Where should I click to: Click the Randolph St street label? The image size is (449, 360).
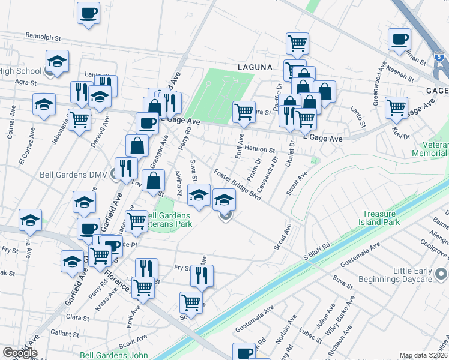(44, 37)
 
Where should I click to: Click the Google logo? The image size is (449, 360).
(20, 353)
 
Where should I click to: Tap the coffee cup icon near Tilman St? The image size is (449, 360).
(399, 41)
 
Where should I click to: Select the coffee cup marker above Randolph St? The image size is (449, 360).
(89, 13)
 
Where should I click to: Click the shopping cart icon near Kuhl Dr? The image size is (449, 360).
(397, 108)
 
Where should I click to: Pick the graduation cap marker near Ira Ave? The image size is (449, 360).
(30, 221)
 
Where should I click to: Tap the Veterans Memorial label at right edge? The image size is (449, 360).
(430, 149)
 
